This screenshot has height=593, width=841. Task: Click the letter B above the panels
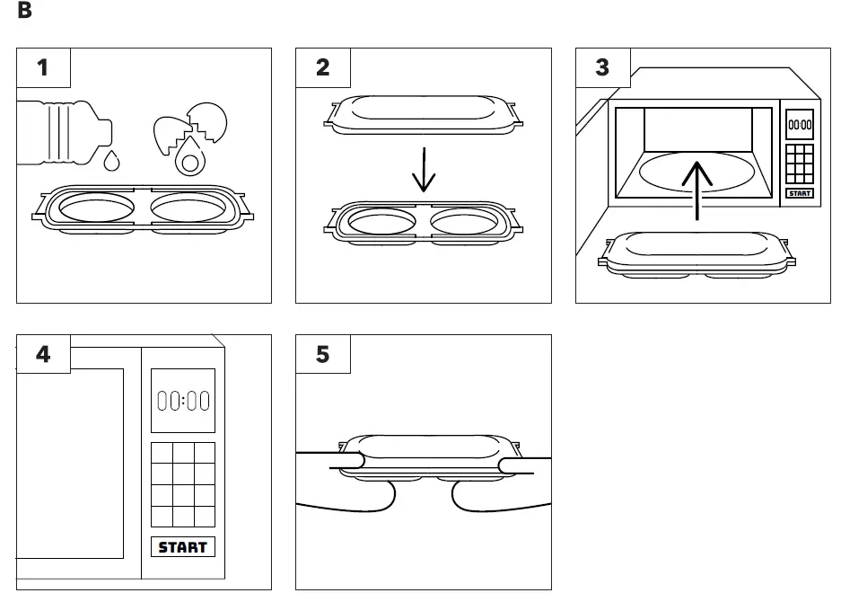pyautogui.click(x=24, y=12)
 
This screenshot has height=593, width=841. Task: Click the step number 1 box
pyautogui.click(x=44, y=67)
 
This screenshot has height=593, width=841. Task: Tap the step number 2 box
pyautogui.click(x=323, y=67)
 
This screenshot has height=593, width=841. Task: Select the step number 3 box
pyautogui.click(x=602, y=67)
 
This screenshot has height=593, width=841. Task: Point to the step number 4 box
pyautogui.click(x=44, y=354)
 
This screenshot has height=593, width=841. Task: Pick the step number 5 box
pyautogui.click(x=323, y=354)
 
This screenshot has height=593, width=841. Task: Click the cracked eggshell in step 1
pyautogui.click(x=190, y=130)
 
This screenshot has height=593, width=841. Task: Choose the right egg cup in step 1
pyautogui.click(x=188, y=208)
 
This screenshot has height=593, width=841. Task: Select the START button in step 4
pyautogui.click(x=182, y=547)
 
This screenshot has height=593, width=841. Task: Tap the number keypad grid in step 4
pyautogui.click(x=182, y=484)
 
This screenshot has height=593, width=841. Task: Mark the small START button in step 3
pyautogui.click(x=800, y=193)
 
